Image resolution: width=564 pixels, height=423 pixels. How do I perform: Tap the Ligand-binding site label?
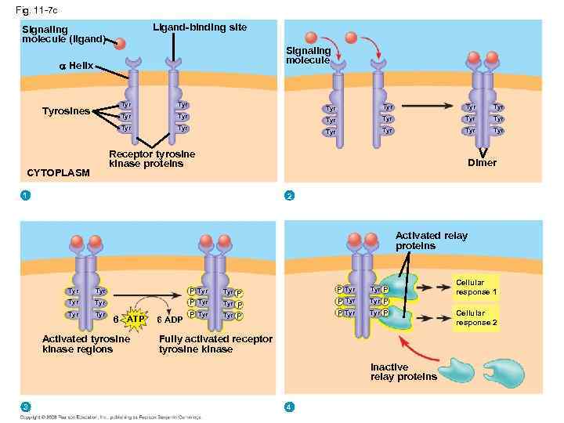click(x=199, y=27)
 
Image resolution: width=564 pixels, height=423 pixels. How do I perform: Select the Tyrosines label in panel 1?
click(x=67, y=110)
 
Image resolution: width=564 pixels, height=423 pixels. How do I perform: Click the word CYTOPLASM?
click(x=59, y=172)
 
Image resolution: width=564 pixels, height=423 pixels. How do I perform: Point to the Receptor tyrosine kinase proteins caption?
click(x=152, y=159)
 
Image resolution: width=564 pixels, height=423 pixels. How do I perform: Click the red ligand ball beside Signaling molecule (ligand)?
click(x=119, y=43)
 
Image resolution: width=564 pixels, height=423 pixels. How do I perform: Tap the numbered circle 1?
click(x=26, y=194)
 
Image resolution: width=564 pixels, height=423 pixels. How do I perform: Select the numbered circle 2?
click(x=289, y=194)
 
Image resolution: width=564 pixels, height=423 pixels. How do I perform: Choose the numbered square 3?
click(x=26, y=405)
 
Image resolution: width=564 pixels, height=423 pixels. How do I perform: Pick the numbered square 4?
click(x=289, y=405)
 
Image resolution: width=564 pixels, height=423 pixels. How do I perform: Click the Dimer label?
click(x=482, y=163)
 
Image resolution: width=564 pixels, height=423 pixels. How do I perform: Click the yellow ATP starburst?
click(x=135, y=320)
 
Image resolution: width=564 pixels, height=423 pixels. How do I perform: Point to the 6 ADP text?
click(x=170, y=320)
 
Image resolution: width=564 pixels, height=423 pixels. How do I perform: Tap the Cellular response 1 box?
click(x=475, y=287)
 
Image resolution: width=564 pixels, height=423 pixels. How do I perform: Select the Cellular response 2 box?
click(x=475, y=317)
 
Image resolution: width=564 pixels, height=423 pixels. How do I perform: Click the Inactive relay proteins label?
click(x=403, y=372)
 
